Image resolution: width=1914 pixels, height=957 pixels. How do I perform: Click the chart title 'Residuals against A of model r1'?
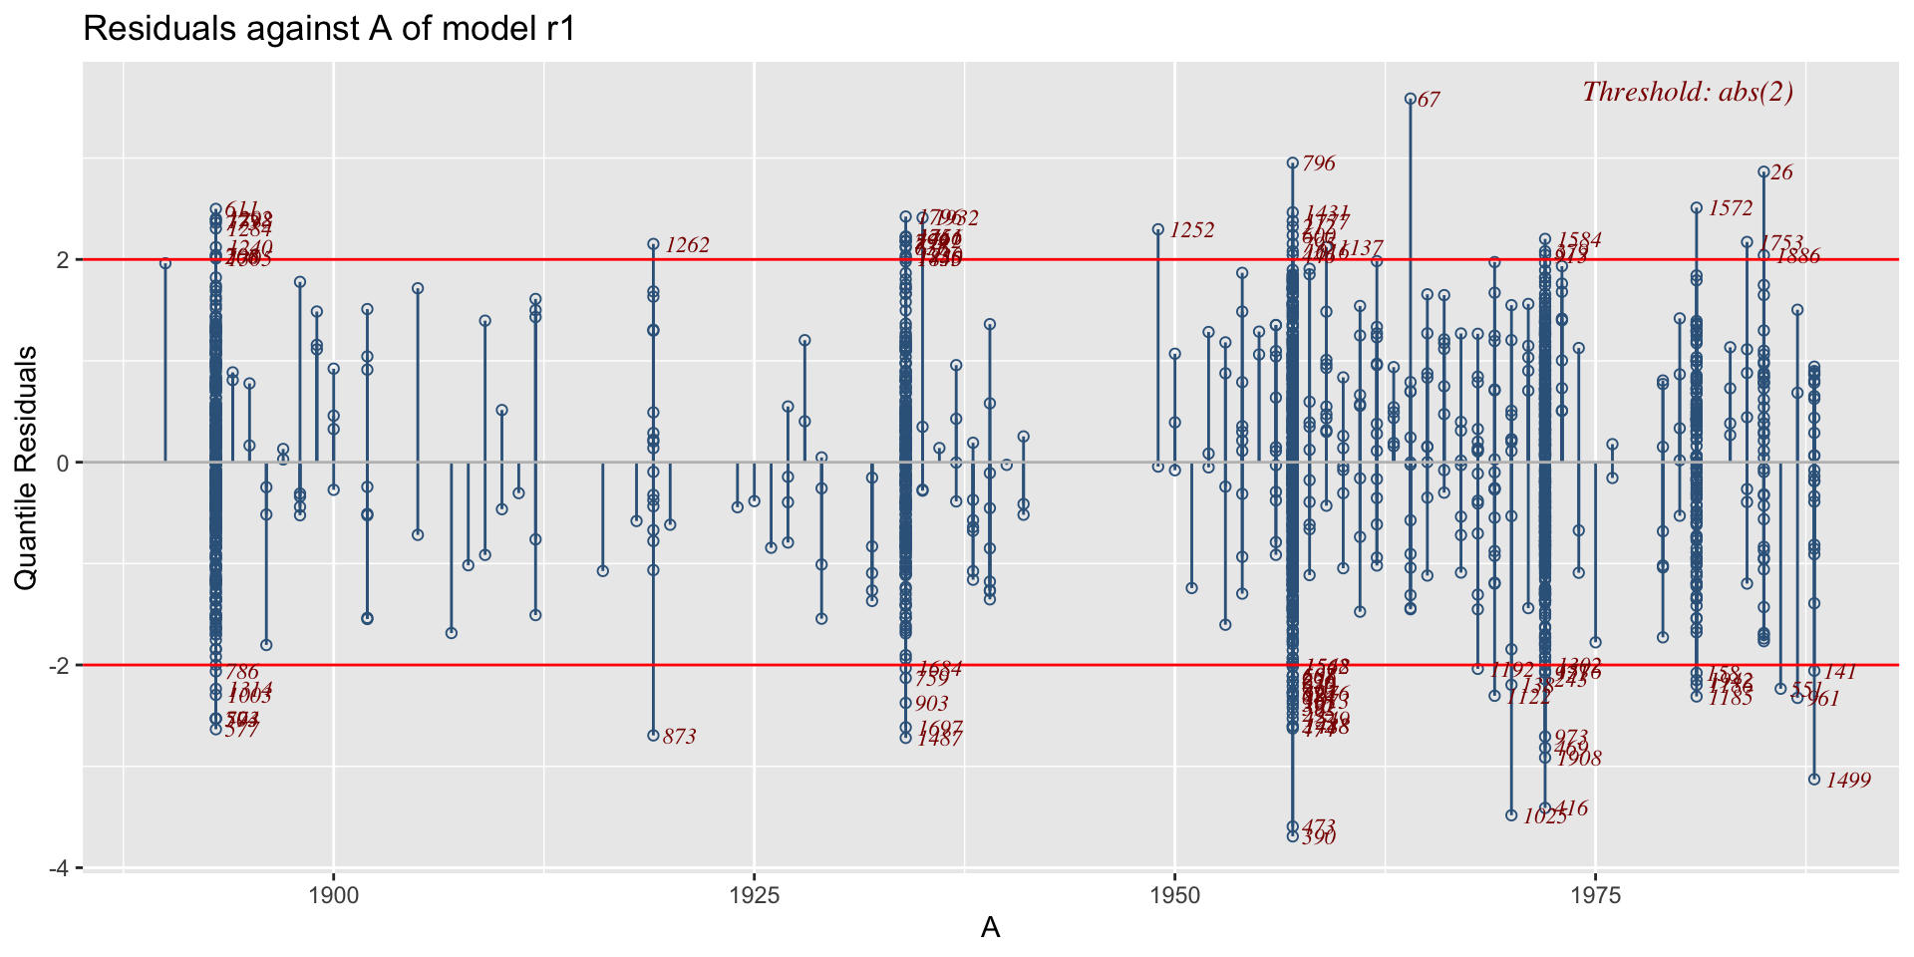[330, 29]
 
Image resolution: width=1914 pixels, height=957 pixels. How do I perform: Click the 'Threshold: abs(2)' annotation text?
[1688, 92]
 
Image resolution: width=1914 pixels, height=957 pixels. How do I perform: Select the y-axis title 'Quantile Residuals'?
[26, 468]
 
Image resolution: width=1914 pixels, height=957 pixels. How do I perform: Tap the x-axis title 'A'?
[990, 928]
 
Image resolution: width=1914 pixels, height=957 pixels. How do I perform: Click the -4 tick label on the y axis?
[58, 868]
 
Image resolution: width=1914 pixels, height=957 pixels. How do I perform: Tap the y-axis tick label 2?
[62, 259]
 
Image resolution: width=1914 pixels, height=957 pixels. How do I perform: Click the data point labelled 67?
[1411, 99]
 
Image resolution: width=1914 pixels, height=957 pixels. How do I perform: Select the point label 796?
[1319, 163]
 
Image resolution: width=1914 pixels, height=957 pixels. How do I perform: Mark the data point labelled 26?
[1763, 171]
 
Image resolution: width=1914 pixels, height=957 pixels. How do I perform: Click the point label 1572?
[1730, 208]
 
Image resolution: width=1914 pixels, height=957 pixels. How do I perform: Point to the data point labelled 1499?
[1814, 780]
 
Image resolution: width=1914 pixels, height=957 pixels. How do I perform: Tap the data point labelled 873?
[653, 736]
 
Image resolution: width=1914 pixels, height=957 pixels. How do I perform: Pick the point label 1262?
[687, 245]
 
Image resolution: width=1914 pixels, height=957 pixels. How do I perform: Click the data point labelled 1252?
[1158, 229]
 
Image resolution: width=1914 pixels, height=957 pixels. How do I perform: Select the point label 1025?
[1545, 816]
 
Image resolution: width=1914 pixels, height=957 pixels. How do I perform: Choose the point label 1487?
[939, 739]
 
